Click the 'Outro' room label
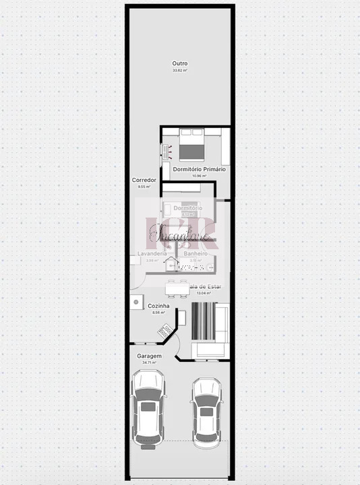[179, 63]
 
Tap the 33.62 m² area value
[179, 70]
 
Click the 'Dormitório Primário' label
[199, 169]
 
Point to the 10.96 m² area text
[199, 176]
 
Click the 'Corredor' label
[145, 181]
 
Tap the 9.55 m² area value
[144, 187]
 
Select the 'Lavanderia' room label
[152, 253]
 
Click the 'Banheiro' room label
[196, 253]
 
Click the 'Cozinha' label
[159, 305]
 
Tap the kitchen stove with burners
[164, 331]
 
